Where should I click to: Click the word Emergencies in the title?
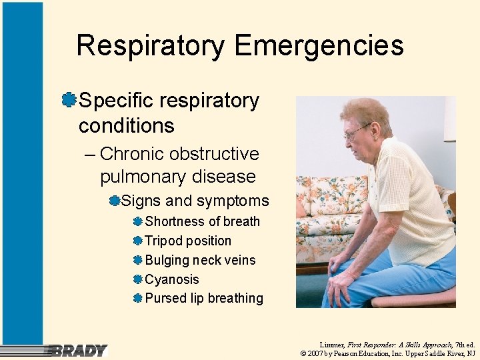click(x=319, y=46)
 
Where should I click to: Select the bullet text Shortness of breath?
click(x=202, y=221)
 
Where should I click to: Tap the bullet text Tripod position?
click(x=188, y=241)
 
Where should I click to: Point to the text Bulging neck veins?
click(x=200, y=260)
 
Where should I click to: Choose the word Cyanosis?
click(x=172, y=279)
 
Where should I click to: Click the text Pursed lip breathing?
click(x=204, y=298)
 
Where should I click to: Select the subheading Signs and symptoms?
click(x=195, y=201)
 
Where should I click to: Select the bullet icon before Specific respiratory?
click(x=67, y=100)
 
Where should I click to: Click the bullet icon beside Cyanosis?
click(x=137, y=279)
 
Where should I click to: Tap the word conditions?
click(x=126, y=125)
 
